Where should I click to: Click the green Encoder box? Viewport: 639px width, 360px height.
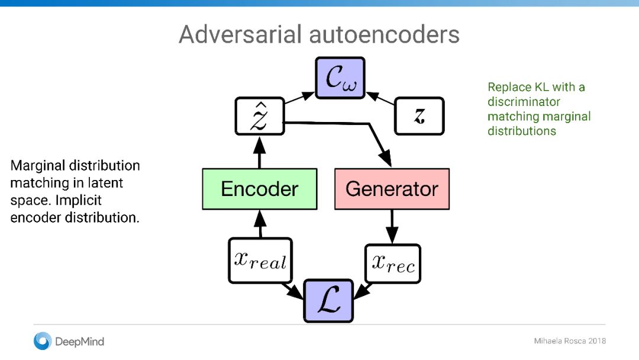(x=260, y=189)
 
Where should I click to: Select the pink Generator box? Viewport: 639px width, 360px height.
(x=392, y=189)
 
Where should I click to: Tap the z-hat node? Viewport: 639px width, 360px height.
(x=260, y=116)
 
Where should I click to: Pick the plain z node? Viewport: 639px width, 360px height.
(x=419, y=116)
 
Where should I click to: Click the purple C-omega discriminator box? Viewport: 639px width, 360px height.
(x=340, y=78)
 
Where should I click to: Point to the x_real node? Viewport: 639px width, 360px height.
(x=260, y=261)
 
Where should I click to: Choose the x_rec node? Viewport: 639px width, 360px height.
(x=393, y=263)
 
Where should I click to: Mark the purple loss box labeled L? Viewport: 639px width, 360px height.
(x=328, y=301)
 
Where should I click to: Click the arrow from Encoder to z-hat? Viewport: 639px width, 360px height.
(x=260, y=152)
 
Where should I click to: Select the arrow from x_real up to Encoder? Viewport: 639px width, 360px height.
(x=260, y=224)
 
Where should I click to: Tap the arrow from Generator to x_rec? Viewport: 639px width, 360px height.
(x=392, y=227)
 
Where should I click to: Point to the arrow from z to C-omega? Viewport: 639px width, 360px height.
(x=380, y=98)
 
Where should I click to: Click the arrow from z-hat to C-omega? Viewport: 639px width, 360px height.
(x=299, y=98)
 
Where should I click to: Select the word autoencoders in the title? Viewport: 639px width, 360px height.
(x=385, y=34)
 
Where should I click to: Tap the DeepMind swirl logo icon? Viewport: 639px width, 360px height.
(x=43, y=341)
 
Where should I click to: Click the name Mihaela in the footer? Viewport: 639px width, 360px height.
(x=548, y=341)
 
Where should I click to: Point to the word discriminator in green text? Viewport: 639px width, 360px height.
(x=524, y=101)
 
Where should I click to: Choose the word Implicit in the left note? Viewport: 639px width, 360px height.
(x=79, y=200)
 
